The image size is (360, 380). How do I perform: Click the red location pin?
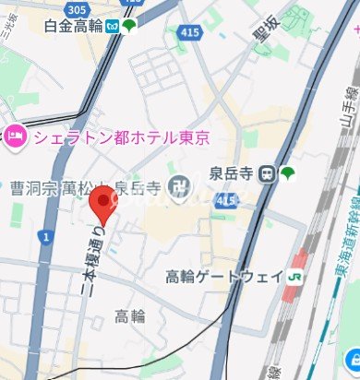coord(104,201)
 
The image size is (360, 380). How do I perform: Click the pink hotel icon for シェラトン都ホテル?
coord(16,137)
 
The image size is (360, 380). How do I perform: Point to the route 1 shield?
coord(44,238)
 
